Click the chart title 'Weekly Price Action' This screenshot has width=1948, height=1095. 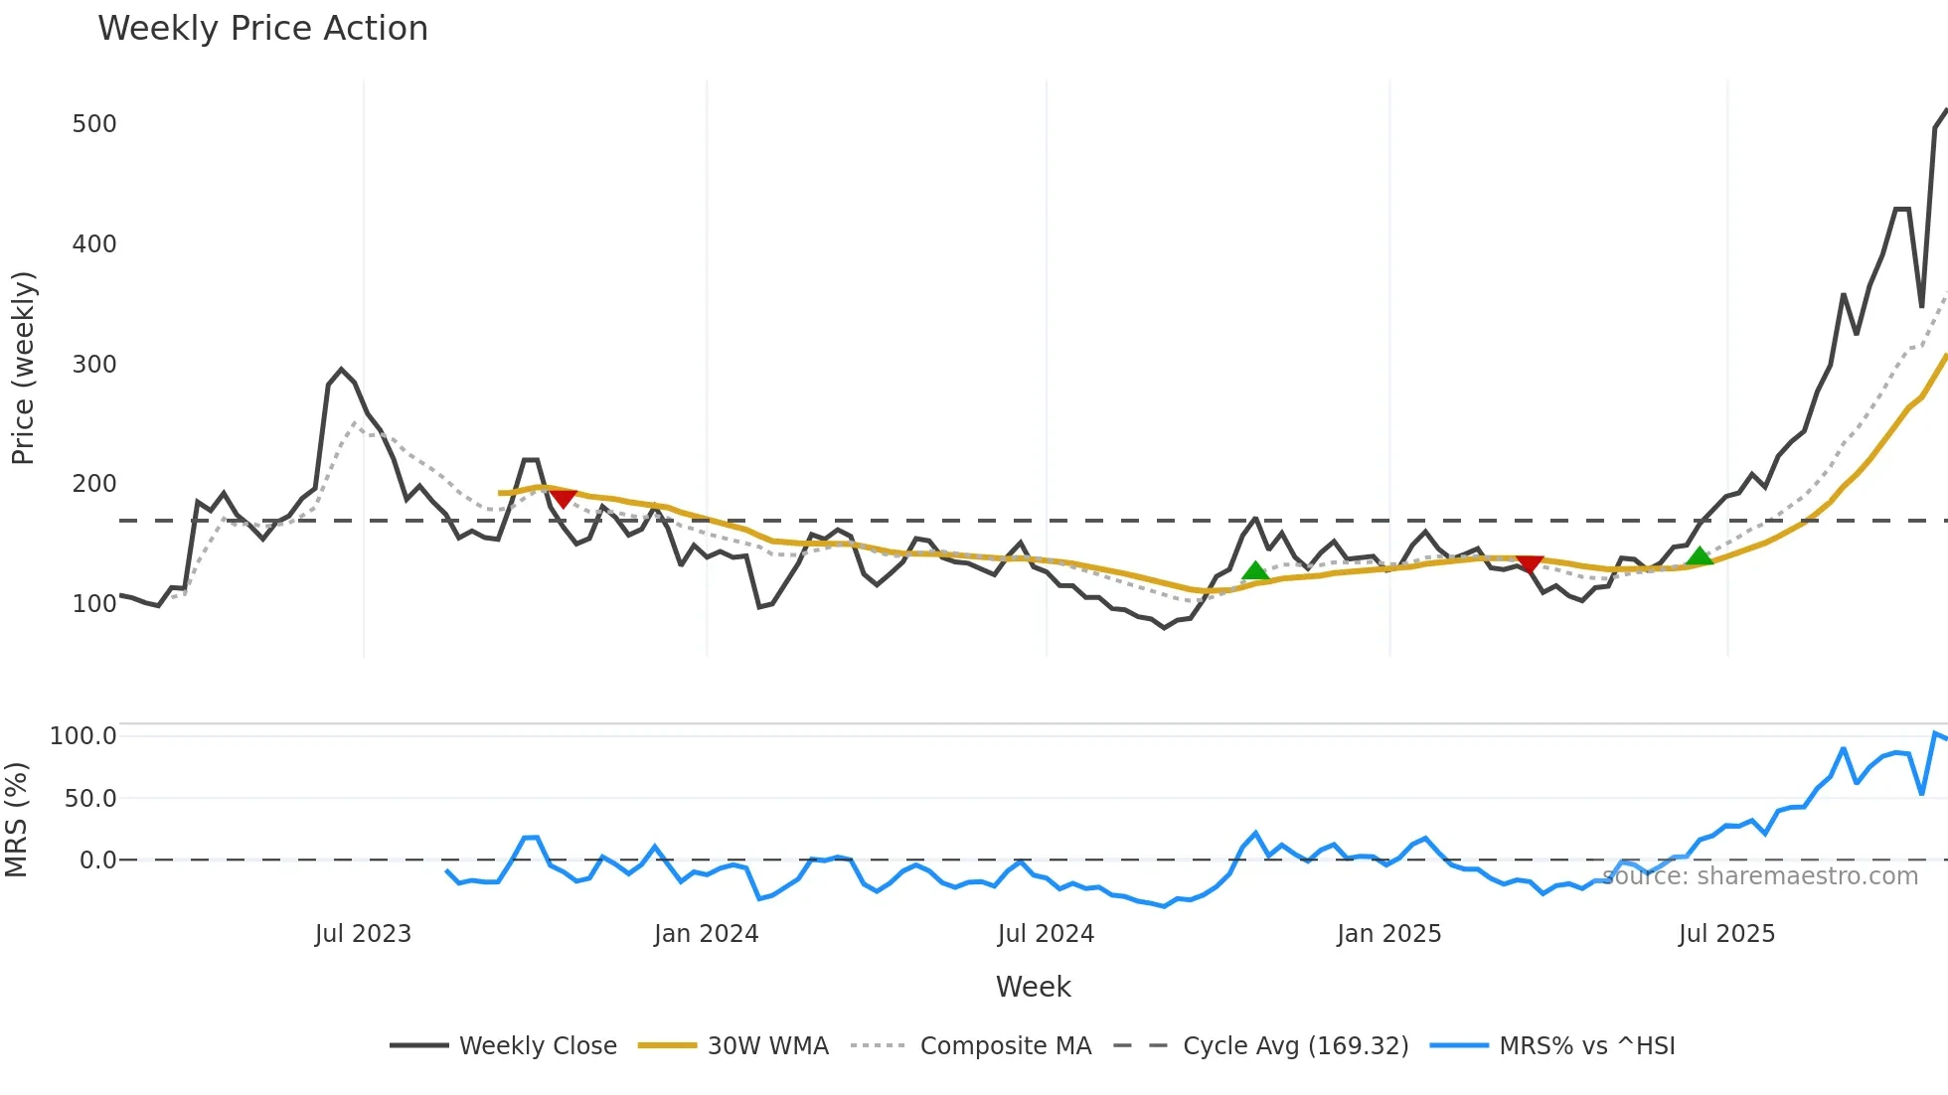coord(262,29)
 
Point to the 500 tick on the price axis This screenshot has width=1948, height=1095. coord(94,124)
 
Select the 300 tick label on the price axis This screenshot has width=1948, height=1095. coord(94,365)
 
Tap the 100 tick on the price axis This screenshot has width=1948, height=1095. coord(94,604)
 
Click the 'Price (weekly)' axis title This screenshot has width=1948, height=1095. coord(24,368)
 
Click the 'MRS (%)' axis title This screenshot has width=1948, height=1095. coord(17,820)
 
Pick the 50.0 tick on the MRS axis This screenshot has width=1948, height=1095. coord(90,799)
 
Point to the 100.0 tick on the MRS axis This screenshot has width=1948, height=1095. coord(83,736)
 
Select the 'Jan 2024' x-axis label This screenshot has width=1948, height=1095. coord(706,934)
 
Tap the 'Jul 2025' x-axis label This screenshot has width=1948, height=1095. coord(1726,934)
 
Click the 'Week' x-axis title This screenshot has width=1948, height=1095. coord(1033,987)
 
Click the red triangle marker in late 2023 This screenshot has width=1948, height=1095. coord(564,498)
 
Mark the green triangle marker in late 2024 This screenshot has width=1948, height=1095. coord(1255,571)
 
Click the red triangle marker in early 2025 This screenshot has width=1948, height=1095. coord(1530,564)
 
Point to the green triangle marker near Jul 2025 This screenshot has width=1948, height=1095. coord(1700,556)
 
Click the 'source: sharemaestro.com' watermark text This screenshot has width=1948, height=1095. coord(1760,876)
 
